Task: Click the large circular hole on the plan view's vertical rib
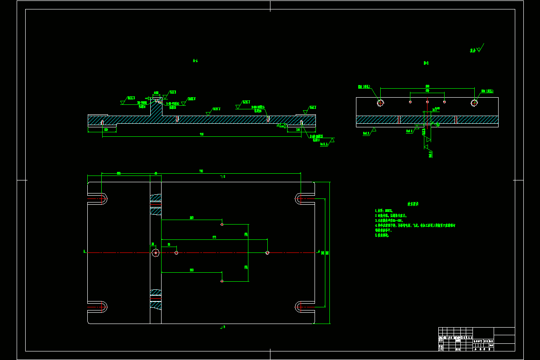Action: [155, 253]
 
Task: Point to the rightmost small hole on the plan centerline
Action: [267, 253]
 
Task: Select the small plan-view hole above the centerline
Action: [222, 224]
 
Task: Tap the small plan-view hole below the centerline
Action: [222, 281]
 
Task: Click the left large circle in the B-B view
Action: [380, 103]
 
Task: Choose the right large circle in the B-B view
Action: [474, 103]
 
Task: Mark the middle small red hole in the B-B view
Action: [427, 102]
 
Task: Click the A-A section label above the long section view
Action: [195, 60]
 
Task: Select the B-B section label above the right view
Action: [426, 63]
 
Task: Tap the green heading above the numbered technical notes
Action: [413, 204]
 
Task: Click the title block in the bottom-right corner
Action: [477, 339]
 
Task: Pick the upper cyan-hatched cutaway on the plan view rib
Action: [156, 204]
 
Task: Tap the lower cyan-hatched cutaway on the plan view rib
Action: [156, 299]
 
